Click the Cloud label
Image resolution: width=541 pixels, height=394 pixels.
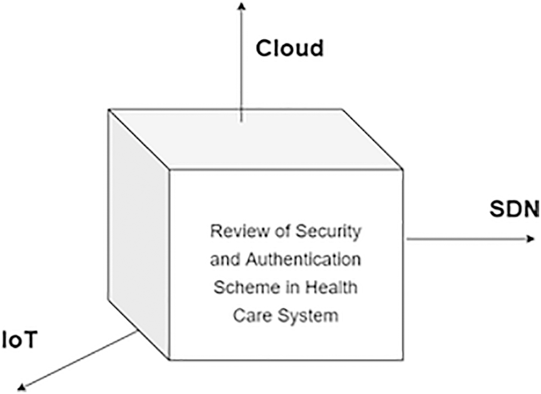pos(290,48)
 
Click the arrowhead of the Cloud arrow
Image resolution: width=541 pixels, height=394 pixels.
pos(242,5)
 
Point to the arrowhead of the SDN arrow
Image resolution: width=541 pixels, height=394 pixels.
pos(531,239)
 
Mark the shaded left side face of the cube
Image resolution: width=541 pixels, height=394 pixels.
pos(139,234)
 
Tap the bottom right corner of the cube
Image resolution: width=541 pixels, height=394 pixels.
pos(402,360)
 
